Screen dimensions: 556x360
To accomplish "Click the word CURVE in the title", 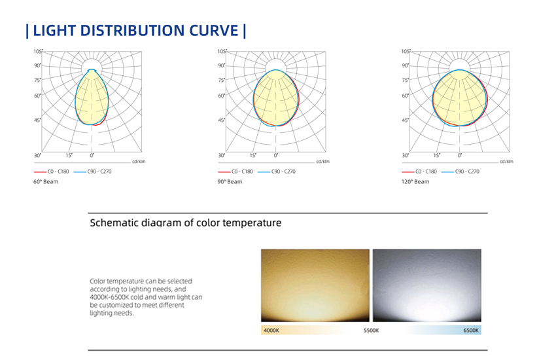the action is (214, 31).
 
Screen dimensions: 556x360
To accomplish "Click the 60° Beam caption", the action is (46, 181).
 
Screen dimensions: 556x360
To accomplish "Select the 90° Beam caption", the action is (230, 181).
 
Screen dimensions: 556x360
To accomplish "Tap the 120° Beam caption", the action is (415, 181).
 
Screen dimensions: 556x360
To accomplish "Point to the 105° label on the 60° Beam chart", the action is (38, 52).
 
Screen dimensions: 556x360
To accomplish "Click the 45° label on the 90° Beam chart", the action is (222, 120).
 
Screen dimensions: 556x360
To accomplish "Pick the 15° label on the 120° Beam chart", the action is (436, 155).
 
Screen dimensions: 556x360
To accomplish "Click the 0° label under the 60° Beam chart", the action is (92, 155).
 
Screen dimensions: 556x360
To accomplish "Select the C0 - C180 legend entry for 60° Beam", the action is (52, 171).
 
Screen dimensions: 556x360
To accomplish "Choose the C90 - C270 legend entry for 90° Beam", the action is (277, 171).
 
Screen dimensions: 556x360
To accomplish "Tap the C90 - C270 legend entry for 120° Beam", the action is (460, 171).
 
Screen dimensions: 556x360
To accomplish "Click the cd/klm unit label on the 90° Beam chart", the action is (322, 162).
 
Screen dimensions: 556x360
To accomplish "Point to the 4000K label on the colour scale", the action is (271, 331).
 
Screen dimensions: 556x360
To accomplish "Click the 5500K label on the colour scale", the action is (372, 331).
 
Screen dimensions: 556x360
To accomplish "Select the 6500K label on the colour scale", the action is (471, 331).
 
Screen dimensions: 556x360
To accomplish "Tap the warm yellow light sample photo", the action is (315, 285).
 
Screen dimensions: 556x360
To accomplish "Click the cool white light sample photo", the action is (427, 285).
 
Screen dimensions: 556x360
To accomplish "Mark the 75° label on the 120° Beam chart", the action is (406, 80).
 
